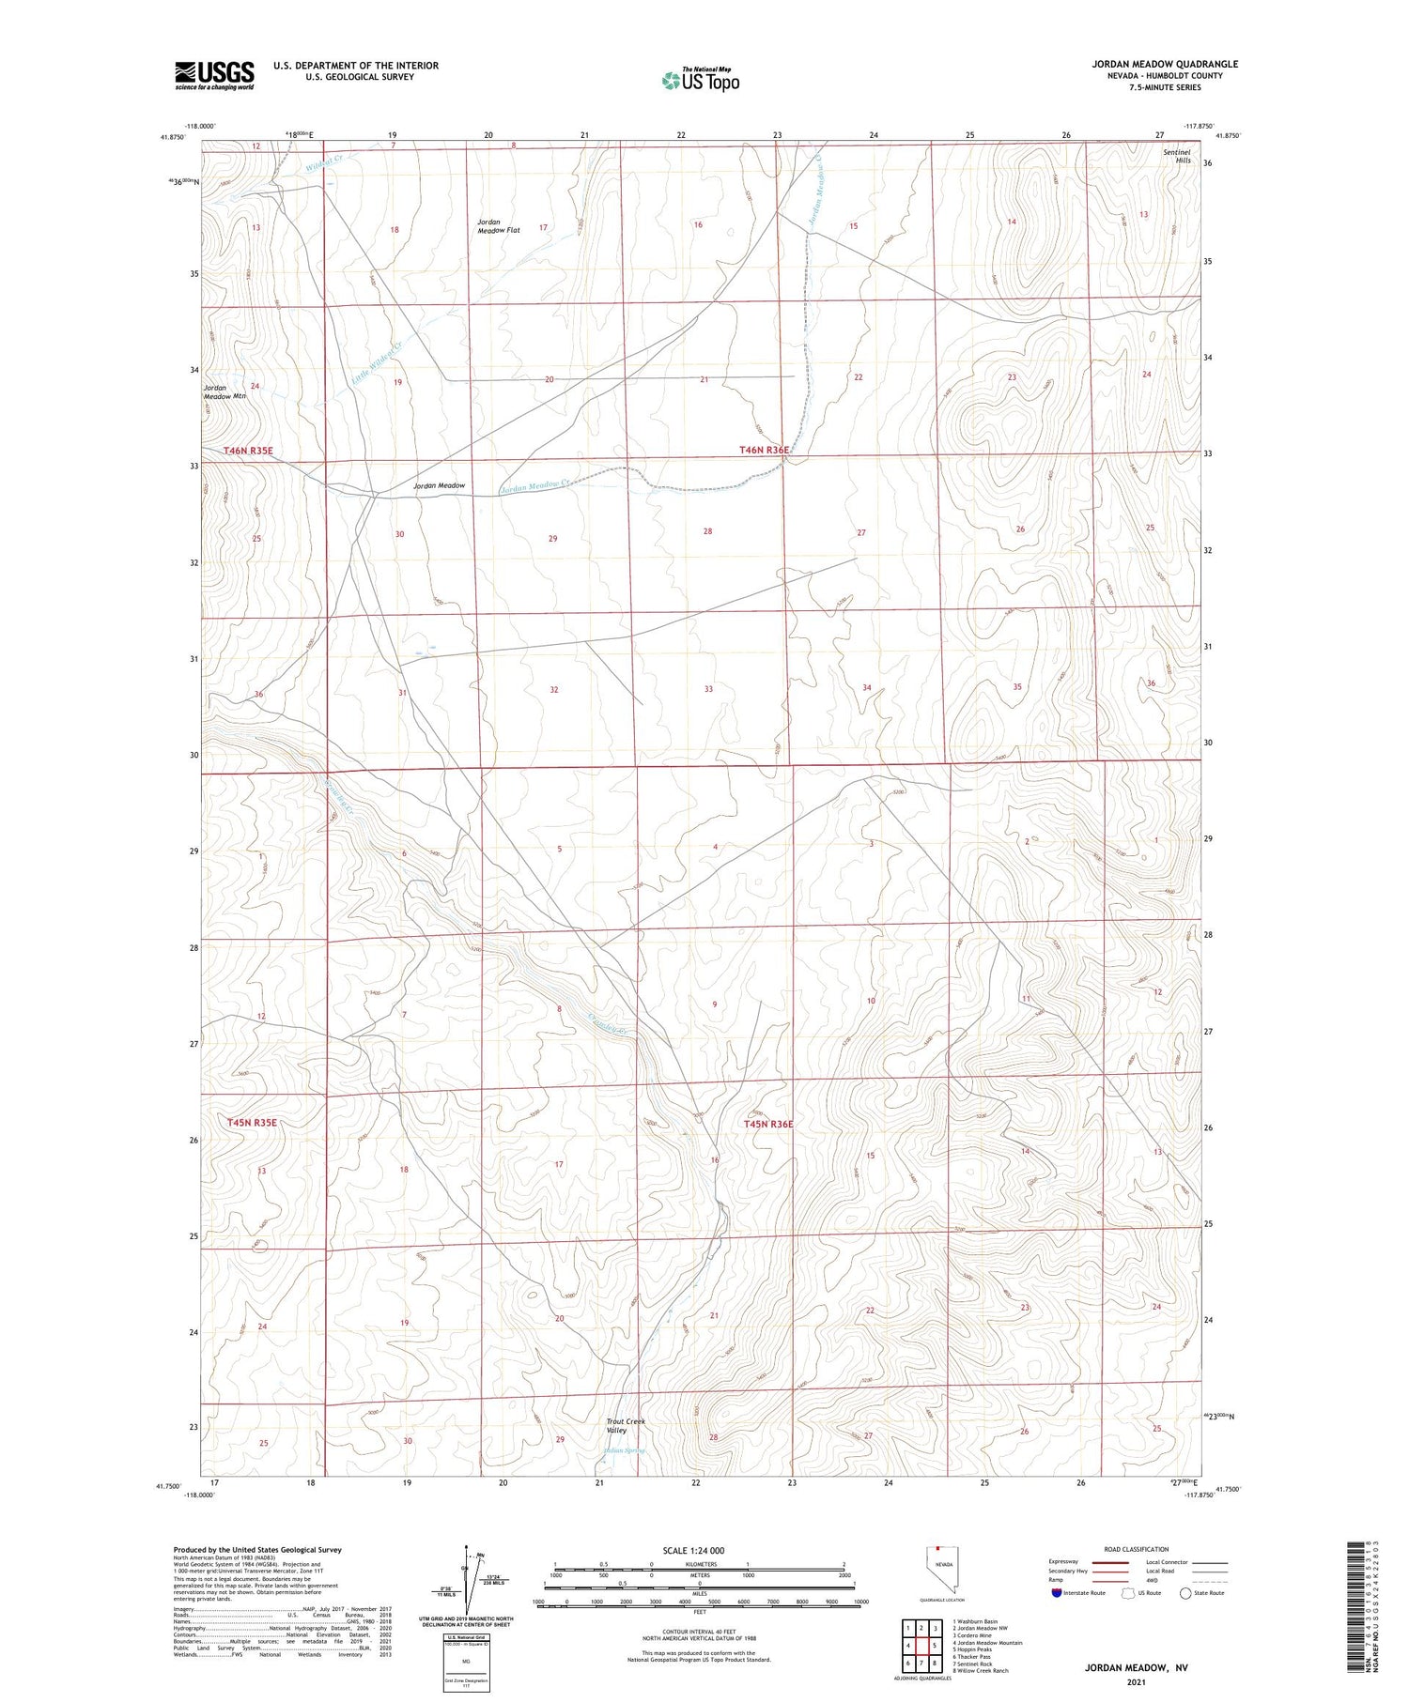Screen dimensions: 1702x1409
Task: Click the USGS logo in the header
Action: [214, 75]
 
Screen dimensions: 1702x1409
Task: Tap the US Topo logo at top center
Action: [700, 81]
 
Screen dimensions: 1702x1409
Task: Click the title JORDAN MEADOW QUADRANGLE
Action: [1164, 64]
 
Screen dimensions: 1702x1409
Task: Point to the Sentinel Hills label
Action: [1176, 156]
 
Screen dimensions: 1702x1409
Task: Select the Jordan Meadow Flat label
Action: [498, 226]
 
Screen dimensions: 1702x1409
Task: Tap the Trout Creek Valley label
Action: [626, 1426]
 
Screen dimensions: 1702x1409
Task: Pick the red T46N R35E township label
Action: [248, 451]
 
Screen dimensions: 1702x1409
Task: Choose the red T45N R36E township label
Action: [768, 1124]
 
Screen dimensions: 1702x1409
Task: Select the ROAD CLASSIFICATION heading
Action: [1137, 1549]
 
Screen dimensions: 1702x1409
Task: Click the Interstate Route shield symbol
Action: [1057, 1593]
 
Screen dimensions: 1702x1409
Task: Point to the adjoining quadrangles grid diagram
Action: [924, 1646]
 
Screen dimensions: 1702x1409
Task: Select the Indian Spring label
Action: [624, 1450]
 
